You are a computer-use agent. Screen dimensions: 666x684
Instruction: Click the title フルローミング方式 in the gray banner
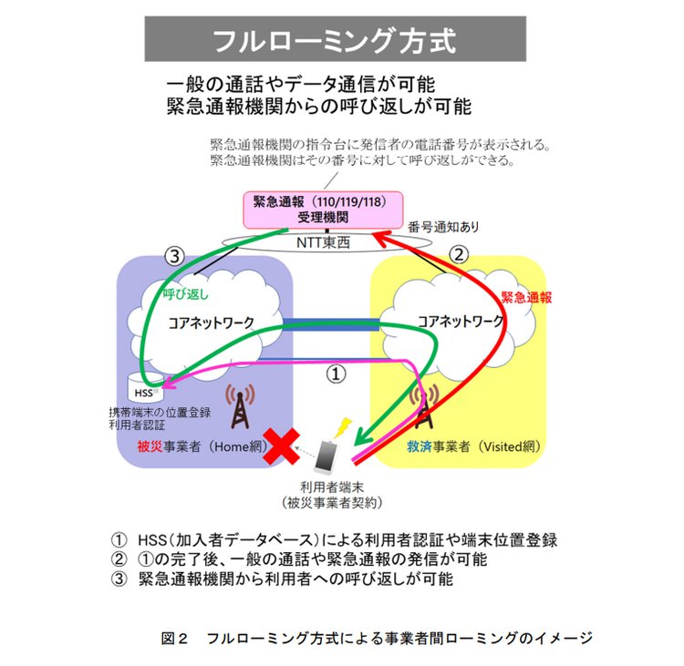click(x=334, y=41)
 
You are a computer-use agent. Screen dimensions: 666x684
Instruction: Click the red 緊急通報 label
click(x=527, y=296)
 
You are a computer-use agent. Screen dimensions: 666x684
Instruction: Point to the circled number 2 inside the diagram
click(x=461, y=254)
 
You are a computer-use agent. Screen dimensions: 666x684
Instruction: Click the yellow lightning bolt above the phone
click(x=343, y=425)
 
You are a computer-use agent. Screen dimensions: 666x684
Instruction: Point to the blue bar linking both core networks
click(x=331, y=322)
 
